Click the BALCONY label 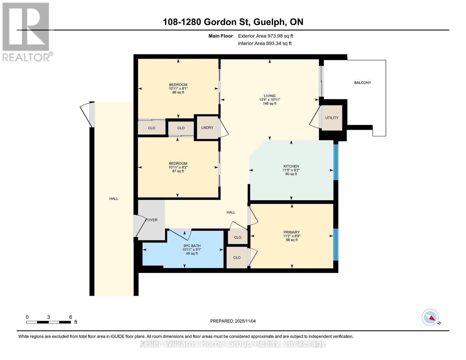point(362,82)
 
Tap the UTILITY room point(332,118)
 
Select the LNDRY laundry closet point(207,127)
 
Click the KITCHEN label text point(291,166)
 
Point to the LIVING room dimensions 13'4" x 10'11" point(269,100)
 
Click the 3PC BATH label point(192,246)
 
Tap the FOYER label point(152,220)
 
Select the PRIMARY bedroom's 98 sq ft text point(292,240)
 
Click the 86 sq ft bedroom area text point(178,92)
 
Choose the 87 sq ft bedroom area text point(178,171)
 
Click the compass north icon point(430,317)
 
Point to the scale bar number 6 point(71,317)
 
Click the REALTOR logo point(26,31)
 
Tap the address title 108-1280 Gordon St point(233,22)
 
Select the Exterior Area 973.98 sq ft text point(265,36)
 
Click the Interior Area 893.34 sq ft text point(265,43)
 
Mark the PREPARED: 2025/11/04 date point(233,321)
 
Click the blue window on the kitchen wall point(336,162)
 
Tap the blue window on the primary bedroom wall point(336,244)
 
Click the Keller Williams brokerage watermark point(233,343)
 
